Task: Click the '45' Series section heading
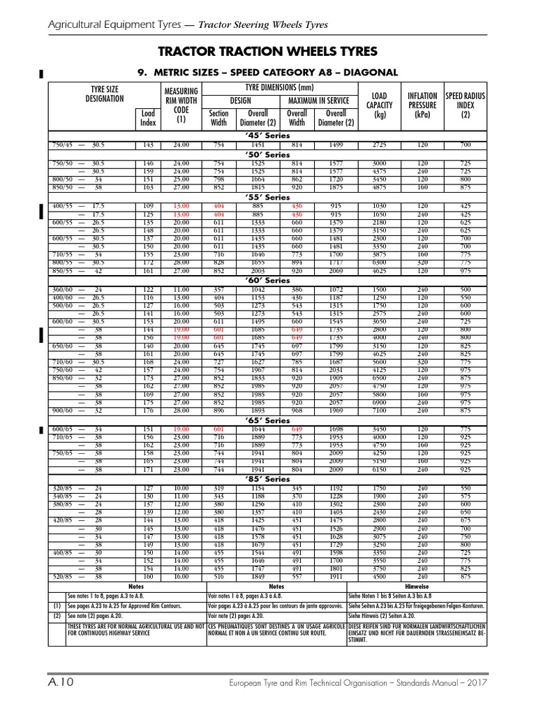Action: (267, 135)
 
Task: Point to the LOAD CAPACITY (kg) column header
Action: (380, 105)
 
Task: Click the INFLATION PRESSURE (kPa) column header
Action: (422, 105)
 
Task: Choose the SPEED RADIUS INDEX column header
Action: (464, 105)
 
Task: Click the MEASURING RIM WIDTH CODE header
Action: (181, 105)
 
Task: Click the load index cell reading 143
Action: (148, 145)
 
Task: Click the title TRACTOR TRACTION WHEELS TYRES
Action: (267, 52)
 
